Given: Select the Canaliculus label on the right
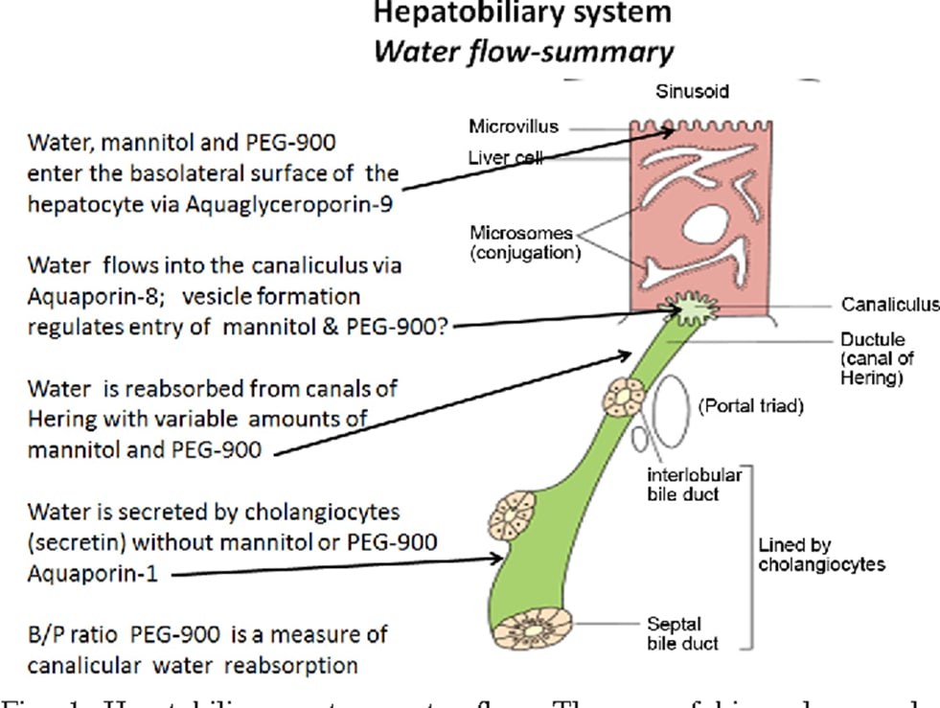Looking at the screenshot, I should [x=890, y=305].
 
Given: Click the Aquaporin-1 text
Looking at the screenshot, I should [x=90, y=573].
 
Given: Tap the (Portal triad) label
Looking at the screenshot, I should [x=750, y=405].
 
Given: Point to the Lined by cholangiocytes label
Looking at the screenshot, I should [x=821, y=555].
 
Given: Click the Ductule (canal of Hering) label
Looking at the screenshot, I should [x=876, y=358].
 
